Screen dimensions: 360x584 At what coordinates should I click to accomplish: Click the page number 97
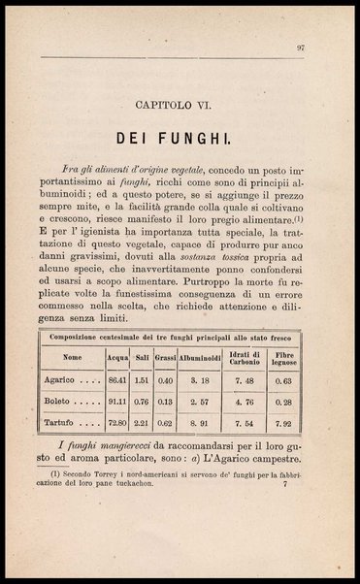click(302, 46)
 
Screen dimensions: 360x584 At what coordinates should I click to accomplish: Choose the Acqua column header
click(117, 357)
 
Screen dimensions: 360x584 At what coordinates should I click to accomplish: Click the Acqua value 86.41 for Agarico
click(117, 379)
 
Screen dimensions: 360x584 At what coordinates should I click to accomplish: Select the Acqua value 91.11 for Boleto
click(117, 401)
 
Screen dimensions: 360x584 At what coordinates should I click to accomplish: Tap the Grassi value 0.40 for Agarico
click(165, 379)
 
